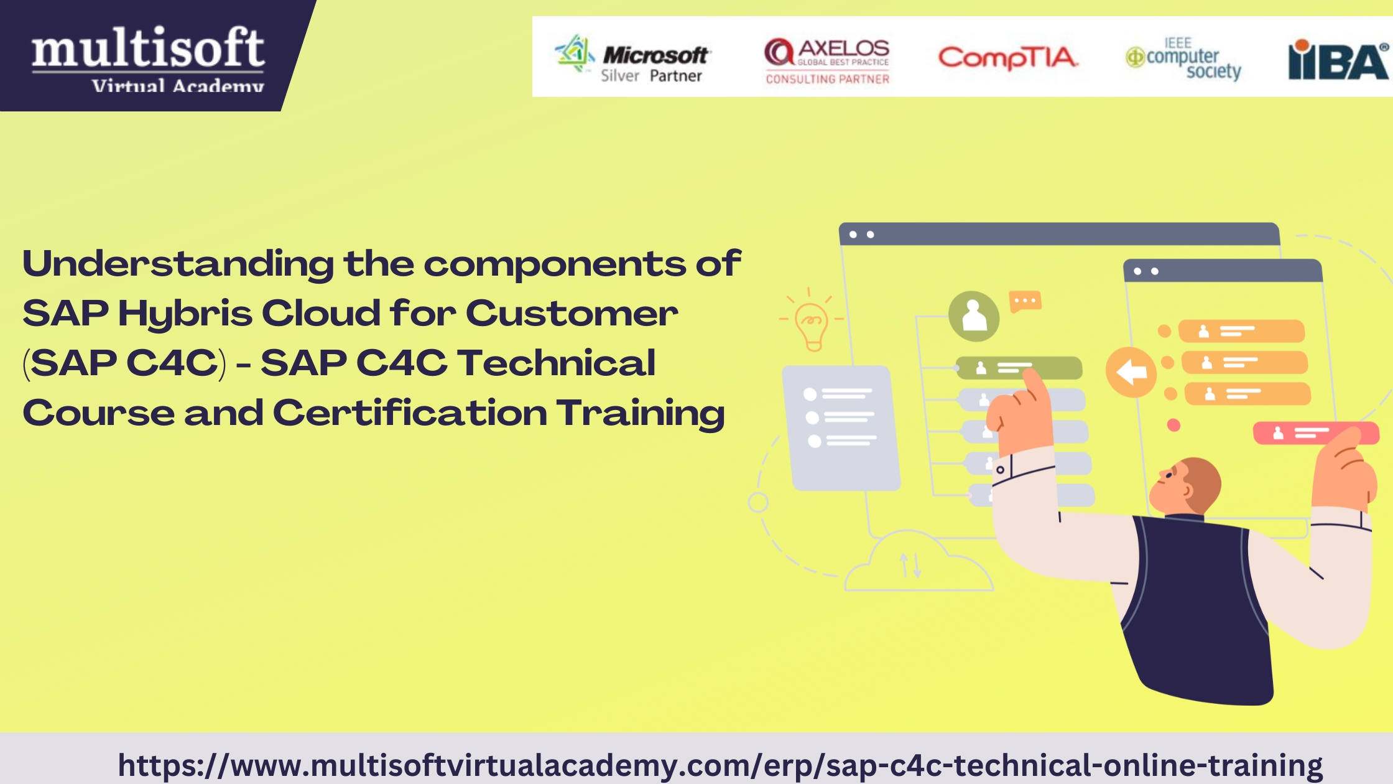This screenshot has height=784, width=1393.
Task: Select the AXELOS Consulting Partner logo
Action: [827, 60]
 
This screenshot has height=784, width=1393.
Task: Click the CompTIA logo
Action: [1007, 58]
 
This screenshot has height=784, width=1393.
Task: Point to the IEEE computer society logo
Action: [1183, 58]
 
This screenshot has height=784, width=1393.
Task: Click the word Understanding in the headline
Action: [178, 264]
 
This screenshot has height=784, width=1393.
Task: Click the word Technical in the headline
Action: [556, 363]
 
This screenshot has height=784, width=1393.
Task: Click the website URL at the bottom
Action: [720, 765]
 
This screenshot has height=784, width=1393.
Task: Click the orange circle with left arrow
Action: [1131, 372]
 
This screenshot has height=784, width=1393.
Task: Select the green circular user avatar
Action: [974, 316]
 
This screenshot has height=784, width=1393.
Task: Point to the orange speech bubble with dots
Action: [1025, 302]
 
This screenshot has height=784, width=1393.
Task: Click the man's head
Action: [1185, 487]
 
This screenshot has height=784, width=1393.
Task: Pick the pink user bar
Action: [1316, 433]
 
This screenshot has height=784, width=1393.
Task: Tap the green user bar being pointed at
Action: [1019, 368]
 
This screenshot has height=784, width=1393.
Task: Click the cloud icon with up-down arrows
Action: [918, 561]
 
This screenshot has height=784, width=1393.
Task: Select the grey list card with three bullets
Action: [841, 427]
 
